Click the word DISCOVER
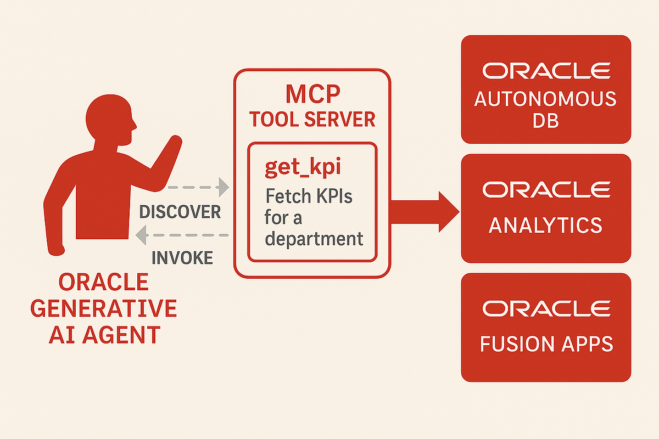[180, 211]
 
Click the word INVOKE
[182, 258]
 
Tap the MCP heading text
[312, 95]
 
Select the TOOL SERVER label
[312, 119]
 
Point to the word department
[314, 239]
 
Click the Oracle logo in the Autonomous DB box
[546, 71]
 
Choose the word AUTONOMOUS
[545, 100]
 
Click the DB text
[545, 121]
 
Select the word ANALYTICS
[545, 225]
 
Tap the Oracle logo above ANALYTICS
[546, 189]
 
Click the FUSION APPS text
[546, 344]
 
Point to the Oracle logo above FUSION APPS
[546, 309]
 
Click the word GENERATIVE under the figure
[104, 308]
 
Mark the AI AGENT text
[104, 334]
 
